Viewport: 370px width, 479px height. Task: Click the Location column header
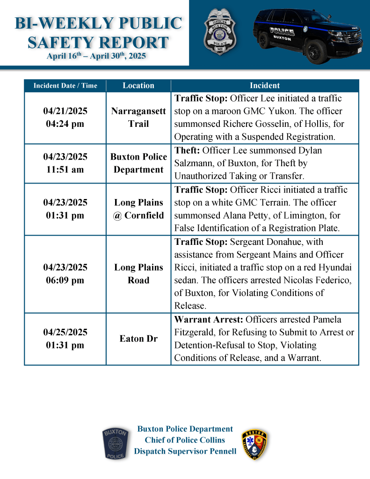pyautogui.click(x=138, y=86)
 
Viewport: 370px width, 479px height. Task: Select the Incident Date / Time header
pyautogui.click(x=65, y=86)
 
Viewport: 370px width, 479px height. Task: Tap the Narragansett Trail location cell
pyautogui.click(x=138, y=118)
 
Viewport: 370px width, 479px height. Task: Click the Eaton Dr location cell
pyautogui.click(x=138, y=339)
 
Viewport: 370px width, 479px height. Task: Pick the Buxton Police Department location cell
pyautogui.click(x=138, y=163)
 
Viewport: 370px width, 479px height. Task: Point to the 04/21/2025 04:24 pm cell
pyautogui.click(x=65, y=118)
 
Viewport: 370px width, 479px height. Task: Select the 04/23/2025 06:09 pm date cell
pyautogui.click(x=65, y=274)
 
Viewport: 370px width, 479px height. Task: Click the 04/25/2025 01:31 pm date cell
pyautogui.click(x=65, y=339)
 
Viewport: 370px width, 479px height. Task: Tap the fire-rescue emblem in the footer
pyautogui.click(x=255, y=443)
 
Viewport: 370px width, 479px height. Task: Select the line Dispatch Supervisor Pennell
pyautogui.click(x=185, y=451)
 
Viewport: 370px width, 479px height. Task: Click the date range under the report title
pyautogui.click(x=96, y=56)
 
